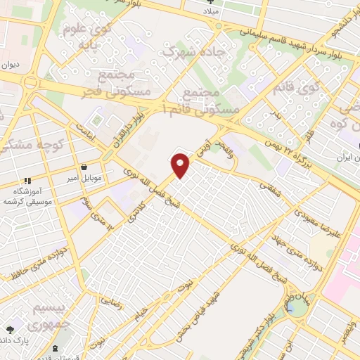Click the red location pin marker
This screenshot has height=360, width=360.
181,165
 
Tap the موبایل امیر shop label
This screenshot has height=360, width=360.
86,179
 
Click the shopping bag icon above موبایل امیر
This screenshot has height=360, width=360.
85,168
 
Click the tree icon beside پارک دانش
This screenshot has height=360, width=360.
10,328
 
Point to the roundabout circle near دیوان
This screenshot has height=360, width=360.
30,82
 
